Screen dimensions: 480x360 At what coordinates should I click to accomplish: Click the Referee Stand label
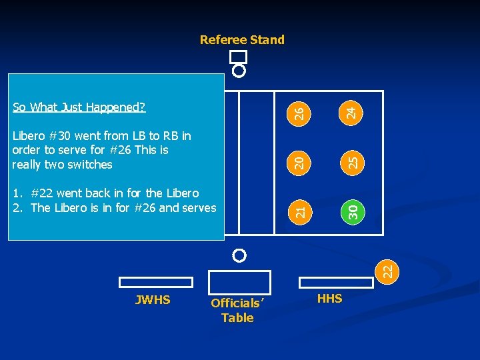[x=242, y=40]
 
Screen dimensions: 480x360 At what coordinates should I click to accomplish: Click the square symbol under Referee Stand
[x=238, y=57]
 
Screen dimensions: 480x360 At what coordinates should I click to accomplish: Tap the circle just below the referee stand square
[x=239, y=70]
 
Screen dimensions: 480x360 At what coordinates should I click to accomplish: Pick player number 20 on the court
[x=300, y=161]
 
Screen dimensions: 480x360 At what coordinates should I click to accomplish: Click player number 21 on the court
[x=300, y=211]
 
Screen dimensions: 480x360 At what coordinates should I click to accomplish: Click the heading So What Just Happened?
[x=79, y=107]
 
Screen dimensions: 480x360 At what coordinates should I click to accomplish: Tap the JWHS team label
[x=153, y=300]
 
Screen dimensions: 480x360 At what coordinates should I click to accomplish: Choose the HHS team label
[x=329, y=299]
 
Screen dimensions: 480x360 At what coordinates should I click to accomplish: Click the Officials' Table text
[x=237, y=311]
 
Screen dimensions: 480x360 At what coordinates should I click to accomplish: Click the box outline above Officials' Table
[x=239, y=281]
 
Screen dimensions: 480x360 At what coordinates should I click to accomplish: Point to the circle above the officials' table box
[x=239, y=255]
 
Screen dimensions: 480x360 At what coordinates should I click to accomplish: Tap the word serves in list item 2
[x=199, y=207]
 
